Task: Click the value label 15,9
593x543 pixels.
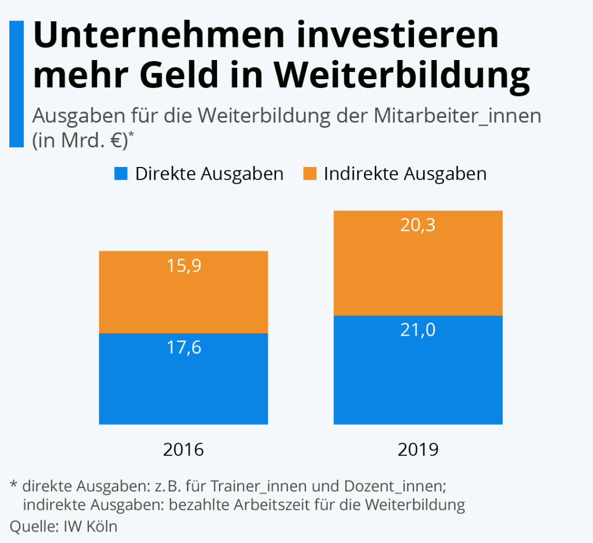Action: coord(184,267)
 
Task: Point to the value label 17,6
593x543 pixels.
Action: coord(184,348)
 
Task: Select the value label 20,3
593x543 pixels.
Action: coord(418,225)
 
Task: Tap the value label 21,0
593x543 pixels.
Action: coord(418,330)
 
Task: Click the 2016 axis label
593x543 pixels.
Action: coord(183,450)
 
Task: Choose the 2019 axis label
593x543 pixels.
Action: coord(418,450)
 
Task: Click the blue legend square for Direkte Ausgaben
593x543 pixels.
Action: coord(121,174)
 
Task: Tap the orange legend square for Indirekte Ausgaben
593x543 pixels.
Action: coord(310,174)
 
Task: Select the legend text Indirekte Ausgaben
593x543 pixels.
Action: coord(405,174)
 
